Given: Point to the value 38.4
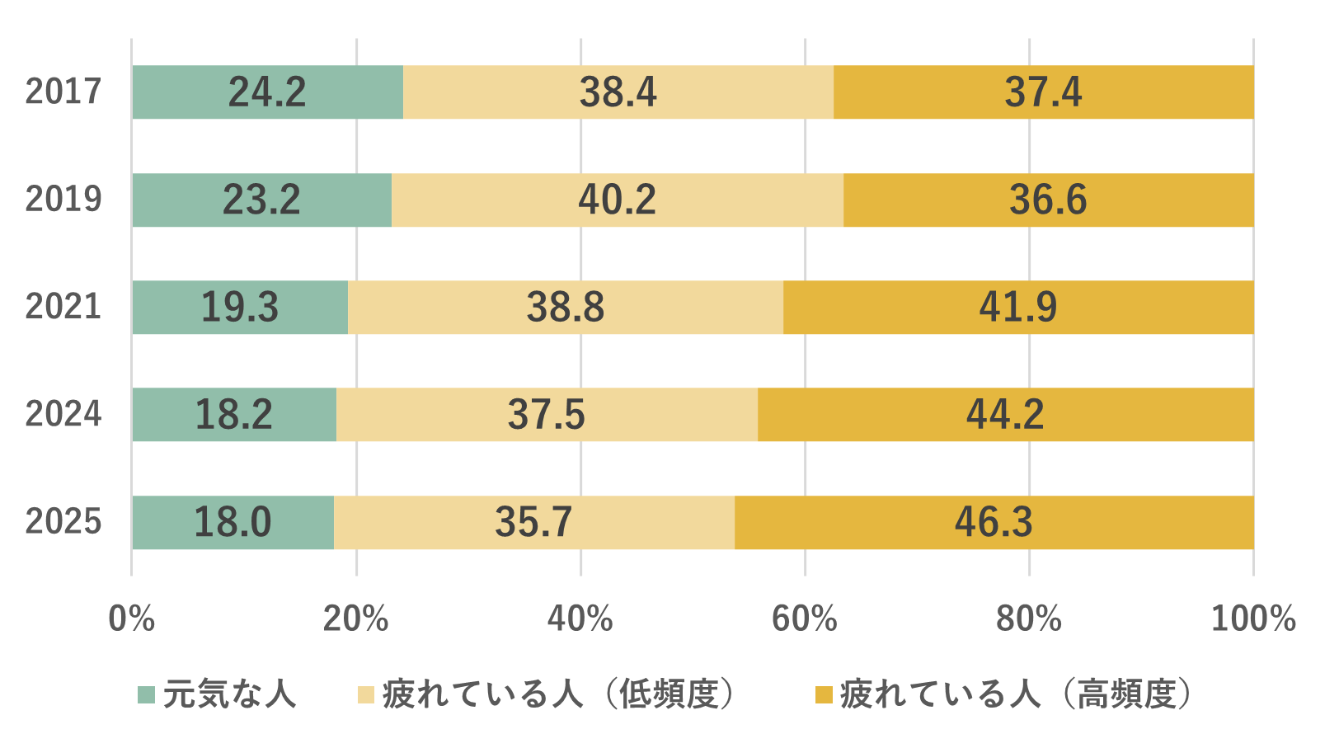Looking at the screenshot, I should pyautogui.click(x=618, y=92).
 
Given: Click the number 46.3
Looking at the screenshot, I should pyautogui.click(x=993, y=522).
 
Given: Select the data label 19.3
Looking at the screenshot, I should pyautogui.click(x=240, y=307).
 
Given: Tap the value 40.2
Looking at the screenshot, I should pyautogui.click(x=617, y=200).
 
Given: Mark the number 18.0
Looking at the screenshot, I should pyautogui.click(x=232, y=522).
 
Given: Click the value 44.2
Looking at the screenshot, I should pyautogui.click(x=1004, y=414).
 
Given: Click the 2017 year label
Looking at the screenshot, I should pyautogui.click(x=63, y=92).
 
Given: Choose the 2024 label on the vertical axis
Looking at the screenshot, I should pyautogui.click(x=63, y=414).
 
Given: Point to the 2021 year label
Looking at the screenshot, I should pyautogui.click(x=63, y=307).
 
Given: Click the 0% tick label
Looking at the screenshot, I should pyautogui.click(x=132, y=619).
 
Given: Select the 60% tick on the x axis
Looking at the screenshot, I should pyautogui.click(x=804, y=619).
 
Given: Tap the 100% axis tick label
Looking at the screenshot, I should pyautogui.click(x=1252, y=619).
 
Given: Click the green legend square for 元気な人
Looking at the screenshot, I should pyautogui.click(x=146, y=694).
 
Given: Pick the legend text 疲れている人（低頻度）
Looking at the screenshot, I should pyautogui.click(x=558, y=694).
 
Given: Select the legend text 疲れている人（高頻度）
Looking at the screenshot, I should pyautogui.click(x=1016, y=694).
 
